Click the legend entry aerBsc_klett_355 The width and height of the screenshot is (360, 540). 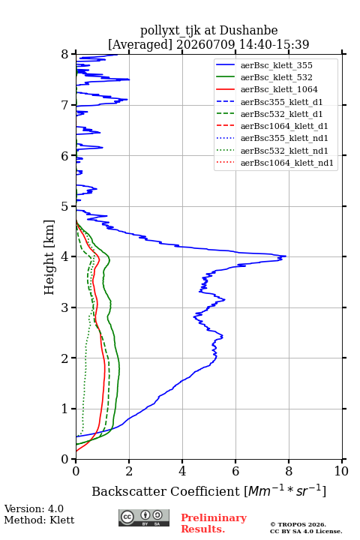pos(276,65)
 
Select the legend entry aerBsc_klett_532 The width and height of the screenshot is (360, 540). pos(276,77)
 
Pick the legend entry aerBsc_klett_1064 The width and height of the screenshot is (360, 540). pos(279,89)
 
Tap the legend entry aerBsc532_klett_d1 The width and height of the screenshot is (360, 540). pos(281,114)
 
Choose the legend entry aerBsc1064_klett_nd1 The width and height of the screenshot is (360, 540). pos(287,163)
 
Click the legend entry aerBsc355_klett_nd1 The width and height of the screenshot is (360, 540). pos(284,139)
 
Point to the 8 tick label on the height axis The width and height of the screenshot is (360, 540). pos(65,55)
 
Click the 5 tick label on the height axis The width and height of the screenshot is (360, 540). pos(65,207)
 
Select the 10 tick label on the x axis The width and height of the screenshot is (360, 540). pos(341,471)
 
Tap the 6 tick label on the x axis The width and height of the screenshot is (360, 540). pos(235,471)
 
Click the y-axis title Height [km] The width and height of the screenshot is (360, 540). pos(49,257)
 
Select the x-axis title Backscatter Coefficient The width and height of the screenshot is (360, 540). pos(166,491)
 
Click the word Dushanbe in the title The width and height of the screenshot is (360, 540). pos(248,31)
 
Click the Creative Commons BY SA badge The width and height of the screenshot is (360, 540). pos(144,517)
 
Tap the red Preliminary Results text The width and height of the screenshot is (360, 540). pos(214,523)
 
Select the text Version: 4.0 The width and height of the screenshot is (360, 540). pos(34,508)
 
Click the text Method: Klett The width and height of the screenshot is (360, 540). pos(39,520)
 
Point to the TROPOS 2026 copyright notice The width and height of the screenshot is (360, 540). pos(298,524)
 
